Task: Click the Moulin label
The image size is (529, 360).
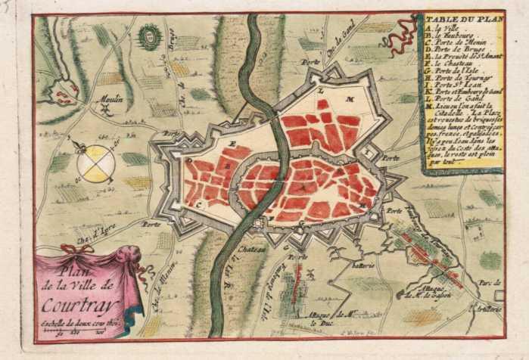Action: click(x=110, y=98)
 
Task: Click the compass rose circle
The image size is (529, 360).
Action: click(x=96, y=162)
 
